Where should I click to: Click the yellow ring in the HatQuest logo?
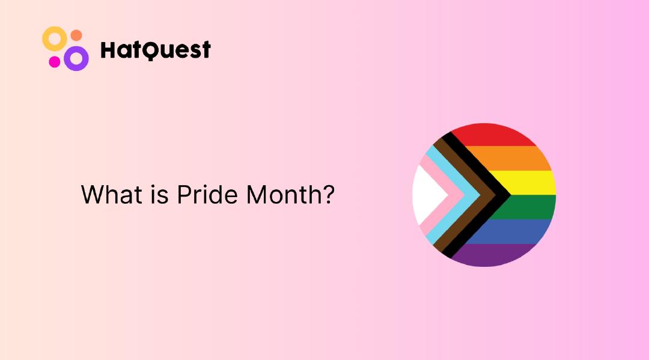click(x=53, y=38)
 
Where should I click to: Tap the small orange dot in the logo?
click(x=76, y=35)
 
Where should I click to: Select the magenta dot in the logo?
click(x=55, y=61)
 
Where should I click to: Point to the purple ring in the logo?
click(x=76, y=58)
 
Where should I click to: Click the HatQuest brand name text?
click(x=155, y=50)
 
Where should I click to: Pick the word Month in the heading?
click(x=279, y=195)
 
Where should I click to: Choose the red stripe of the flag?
click(x=493, y=135)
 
